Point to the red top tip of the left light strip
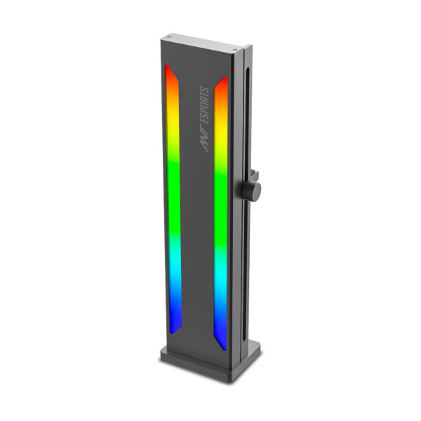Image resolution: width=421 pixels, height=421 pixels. coord(170,77)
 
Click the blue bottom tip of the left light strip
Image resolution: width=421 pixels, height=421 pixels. coord(175,319)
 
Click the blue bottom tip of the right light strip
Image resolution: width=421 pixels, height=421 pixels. coord(222,337)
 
